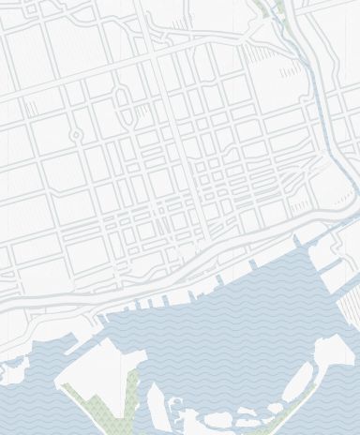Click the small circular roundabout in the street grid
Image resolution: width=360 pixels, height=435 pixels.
click(76, 135)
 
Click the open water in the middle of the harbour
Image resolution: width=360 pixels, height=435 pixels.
click(225, 337)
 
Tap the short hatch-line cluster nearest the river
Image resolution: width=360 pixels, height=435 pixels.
click(291, 69)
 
